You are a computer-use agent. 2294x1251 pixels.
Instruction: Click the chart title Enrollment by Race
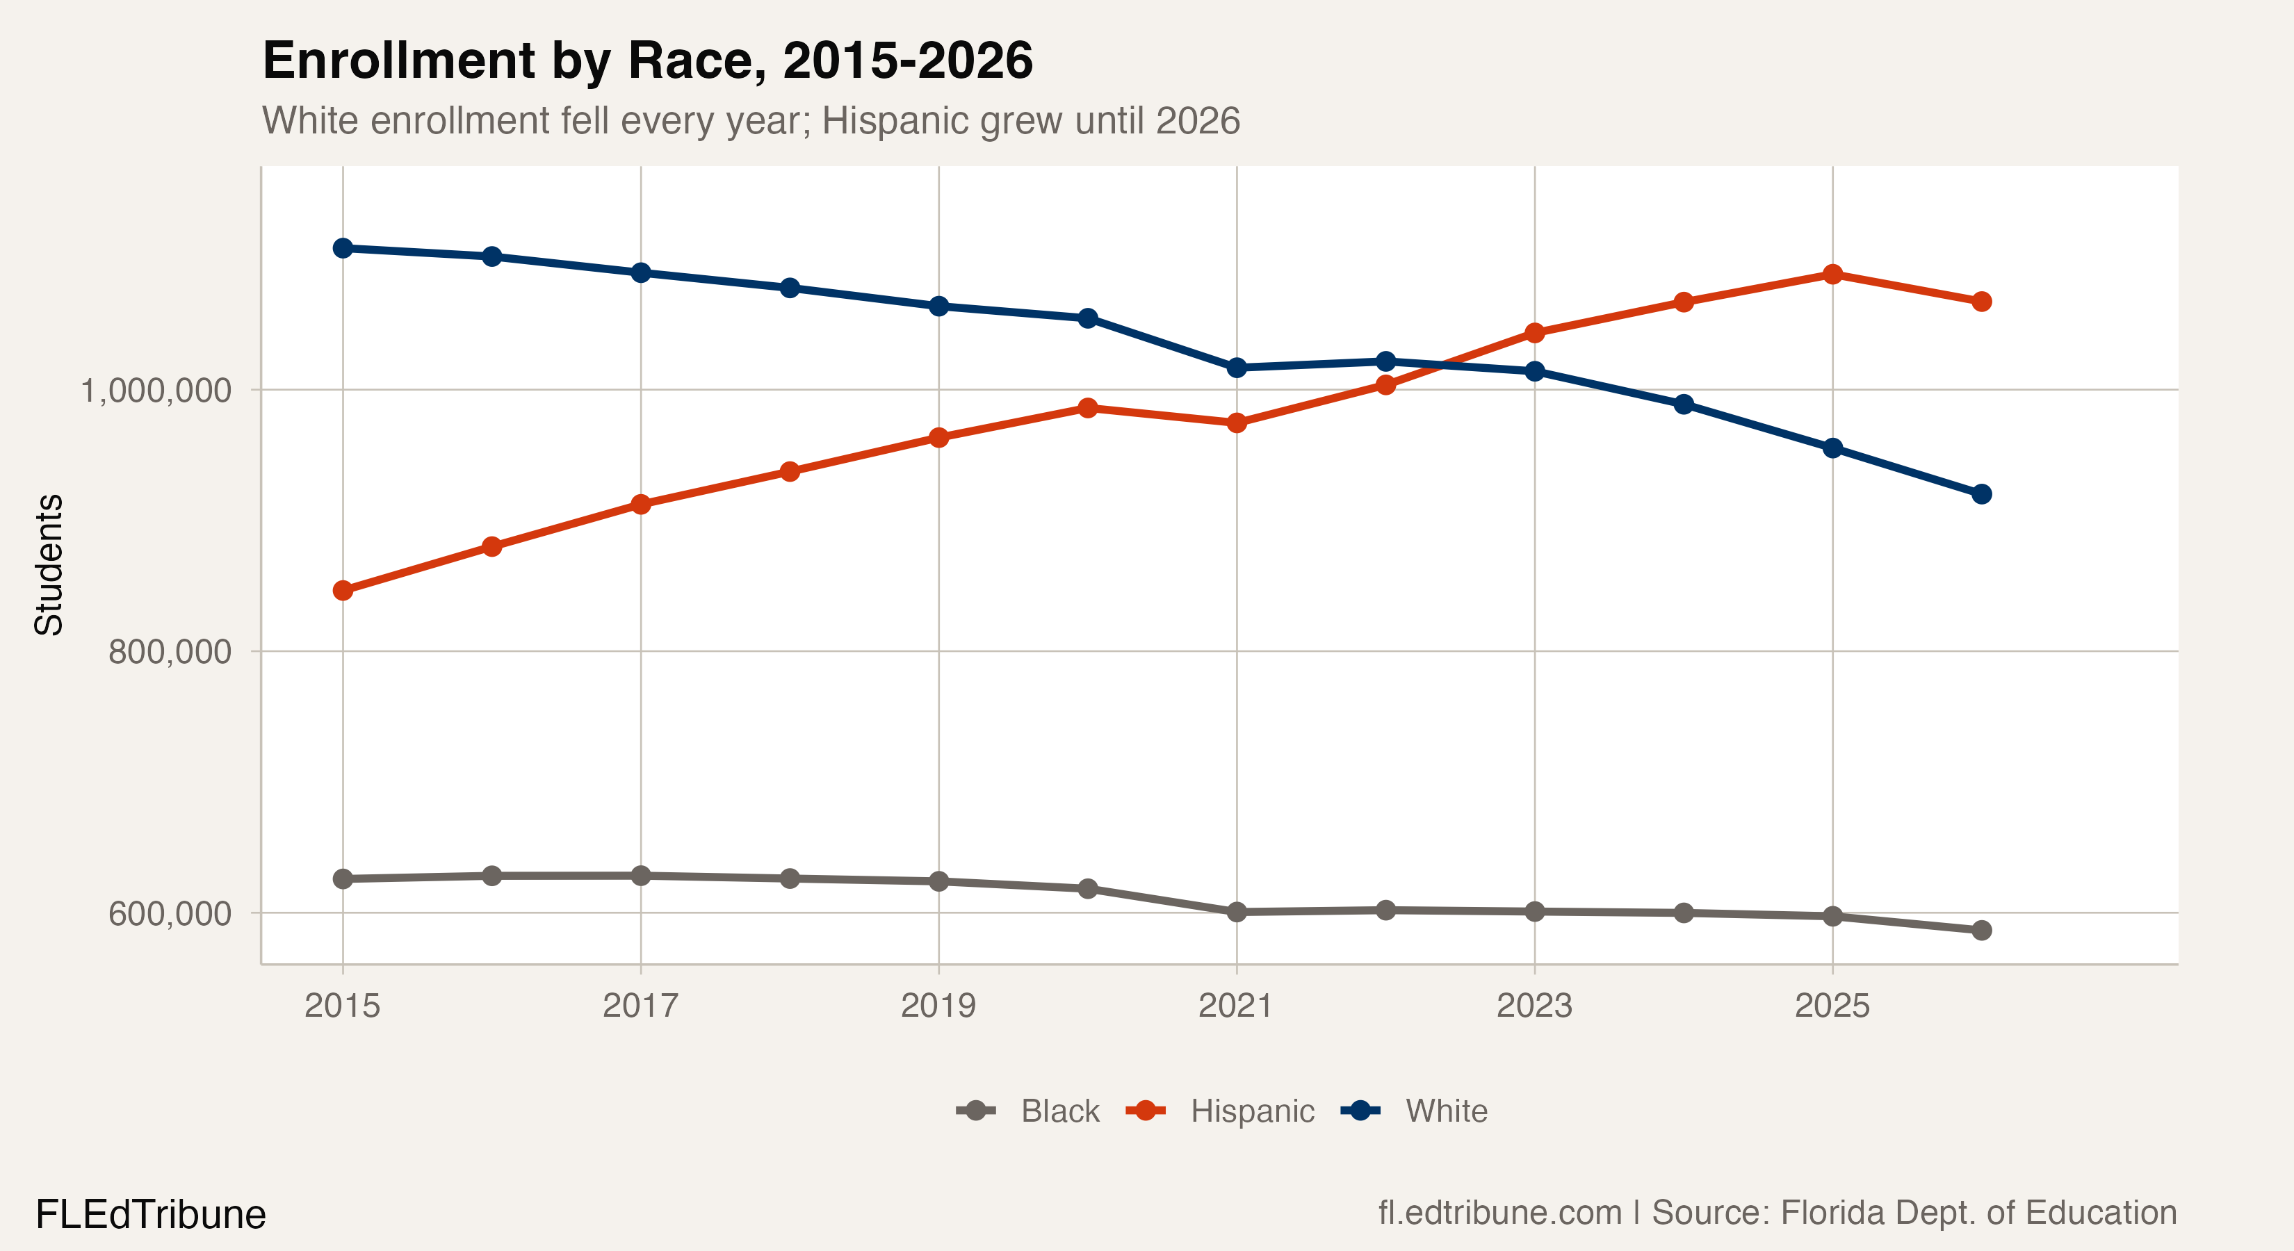pos(647,60)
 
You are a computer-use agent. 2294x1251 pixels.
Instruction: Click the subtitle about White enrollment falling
pos(750,121)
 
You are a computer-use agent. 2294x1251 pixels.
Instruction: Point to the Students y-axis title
pos(49,564)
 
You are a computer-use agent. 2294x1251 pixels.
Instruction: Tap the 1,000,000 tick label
pos(156,390)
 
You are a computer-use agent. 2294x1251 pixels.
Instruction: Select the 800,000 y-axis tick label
pos(169,652)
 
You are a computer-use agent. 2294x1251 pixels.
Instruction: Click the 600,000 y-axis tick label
pos(169,913)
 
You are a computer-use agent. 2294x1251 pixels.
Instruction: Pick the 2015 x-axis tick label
pos(342,1005)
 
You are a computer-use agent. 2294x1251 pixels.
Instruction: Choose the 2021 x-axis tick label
pos(1236,1005)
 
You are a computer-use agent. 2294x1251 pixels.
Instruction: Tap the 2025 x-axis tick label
pos(1832,1005)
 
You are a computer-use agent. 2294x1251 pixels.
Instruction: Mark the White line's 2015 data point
pos(343,248)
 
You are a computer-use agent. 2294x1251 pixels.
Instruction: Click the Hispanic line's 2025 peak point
pos(1832,275)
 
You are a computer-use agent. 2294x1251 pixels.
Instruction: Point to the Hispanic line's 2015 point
pos(343,590)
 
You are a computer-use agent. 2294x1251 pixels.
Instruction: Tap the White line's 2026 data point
pos(1981,494)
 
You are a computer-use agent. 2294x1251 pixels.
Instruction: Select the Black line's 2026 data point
pos(1981,931)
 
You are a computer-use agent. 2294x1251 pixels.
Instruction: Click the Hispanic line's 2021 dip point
pos(1237,423)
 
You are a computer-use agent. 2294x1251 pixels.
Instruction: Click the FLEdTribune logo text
pos(150,1214)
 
